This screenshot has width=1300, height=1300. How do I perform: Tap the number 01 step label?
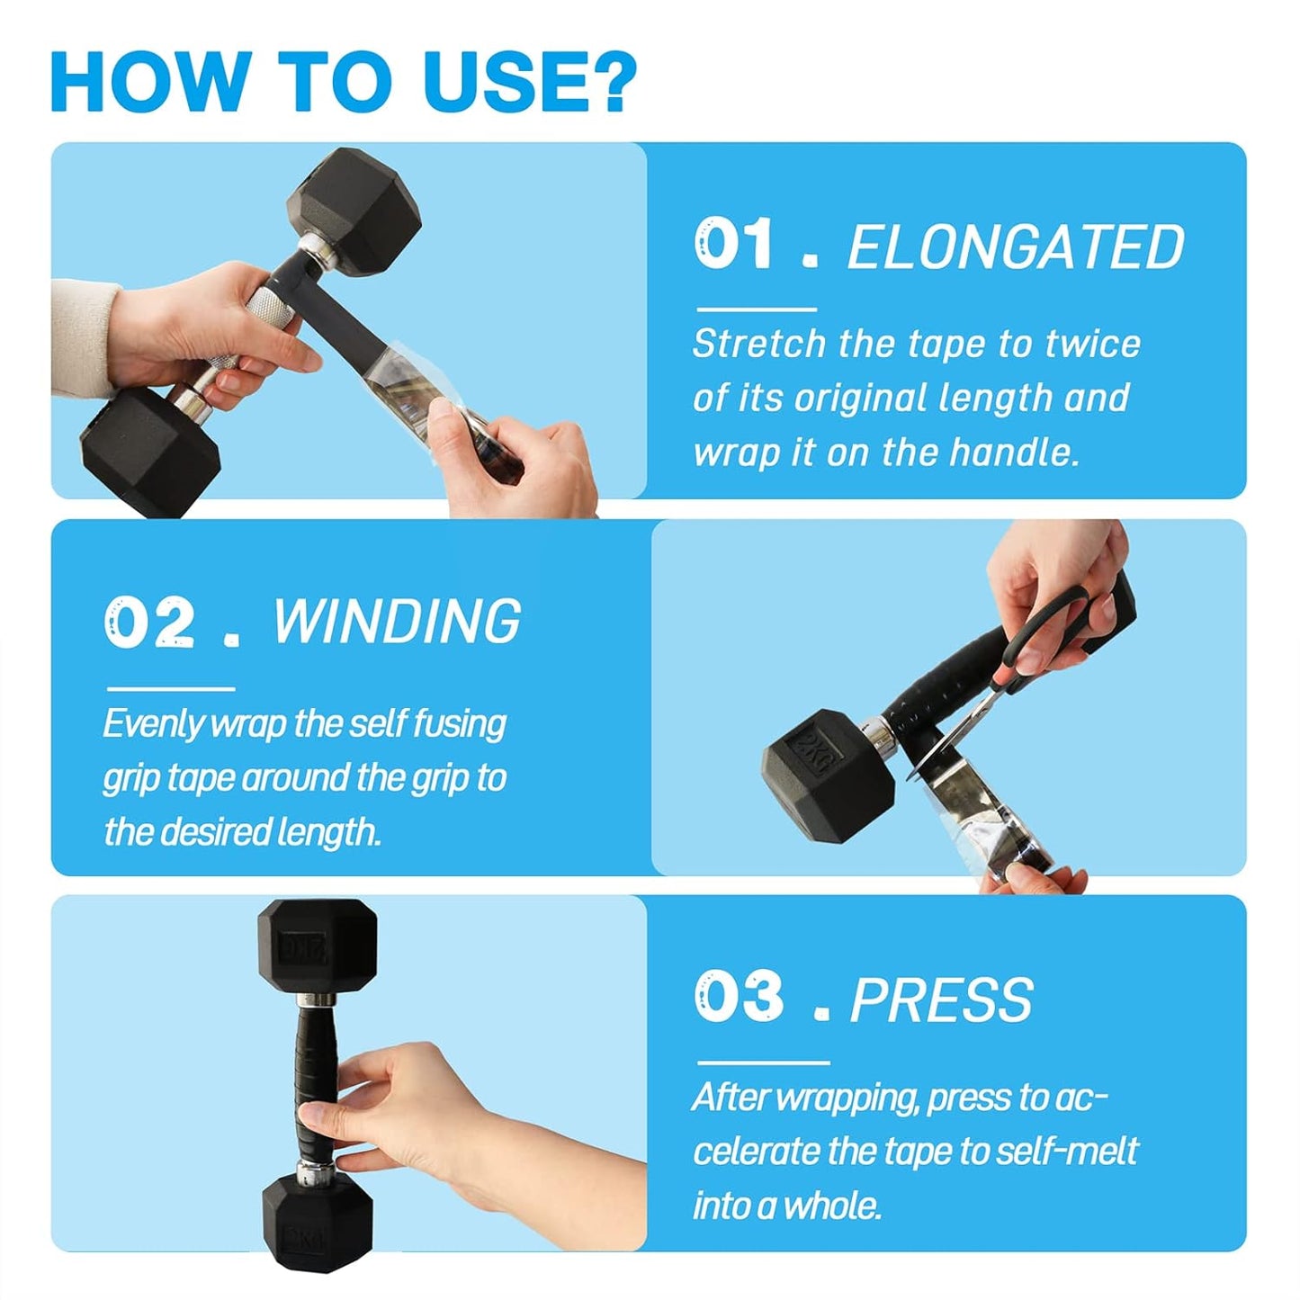(x=733, y=244)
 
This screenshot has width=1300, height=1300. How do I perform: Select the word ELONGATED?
(x=1016, y=246)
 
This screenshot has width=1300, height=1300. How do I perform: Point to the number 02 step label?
(x=149, y=622)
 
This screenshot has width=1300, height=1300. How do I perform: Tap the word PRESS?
(x=941, y=1000)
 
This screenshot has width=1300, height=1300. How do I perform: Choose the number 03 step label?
(x=739, y=997)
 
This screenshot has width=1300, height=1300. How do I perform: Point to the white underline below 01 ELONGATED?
(x=757, y=309)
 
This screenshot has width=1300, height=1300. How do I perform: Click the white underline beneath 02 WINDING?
(x=171, y=689)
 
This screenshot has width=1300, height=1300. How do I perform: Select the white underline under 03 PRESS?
(x=763, y=1062)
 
